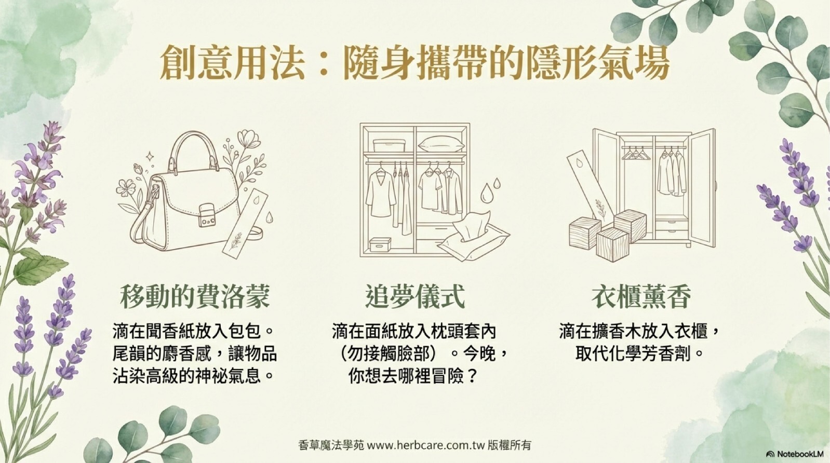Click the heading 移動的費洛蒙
(195, 296)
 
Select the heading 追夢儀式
(416, 296)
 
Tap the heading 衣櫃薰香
(641, 296)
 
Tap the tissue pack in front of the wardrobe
(473, 237)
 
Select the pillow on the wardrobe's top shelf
(440, 143)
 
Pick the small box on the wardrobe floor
(380, 244)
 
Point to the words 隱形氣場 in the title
(597, 66)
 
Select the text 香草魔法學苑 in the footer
(331, 445)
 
